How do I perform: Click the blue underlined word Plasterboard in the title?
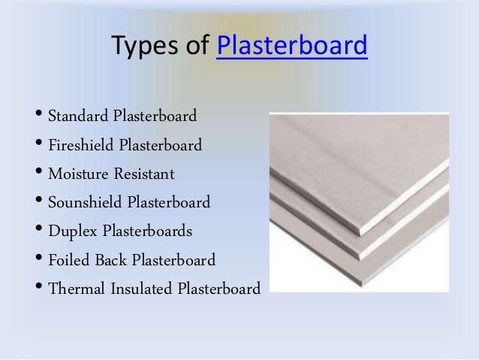(x=291, y=47)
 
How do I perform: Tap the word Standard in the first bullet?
(x=78, y=117)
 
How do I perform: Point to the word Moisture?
(x=77, y=174)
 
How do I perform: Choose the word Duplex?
(x=71, y=231)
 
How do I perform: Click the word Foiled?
(x=69, y=260)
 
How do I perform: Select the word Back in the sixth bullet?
(x=111, y=260)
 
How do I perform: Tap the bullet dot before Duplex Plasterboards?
(x=38, y=231)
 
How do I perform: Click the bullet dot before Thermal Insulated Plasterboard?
(x=38, y=288)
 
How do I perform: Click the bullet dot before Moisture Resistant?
(x=38, y=174)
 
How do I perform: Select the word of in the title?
(x=196, y=47)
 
